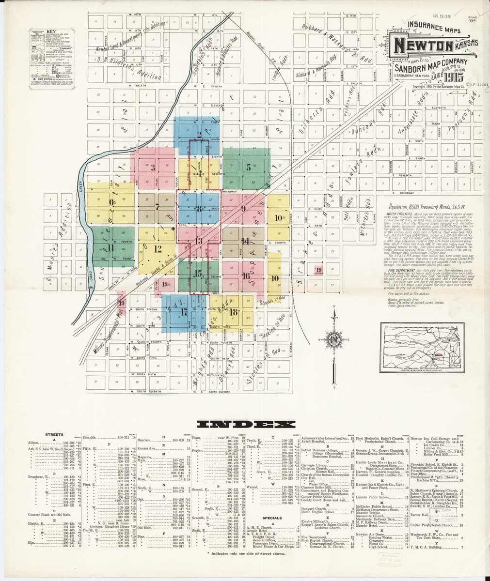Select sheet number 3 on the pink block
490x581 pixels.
(153, 168)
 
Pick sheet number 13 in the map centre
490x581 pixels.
(198, 241)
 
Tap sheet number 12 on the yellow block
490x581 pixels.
(158, 249)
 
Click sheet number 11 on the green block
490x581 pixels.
(111, 247)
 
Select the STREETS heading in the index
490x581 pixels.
(53, 435)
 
